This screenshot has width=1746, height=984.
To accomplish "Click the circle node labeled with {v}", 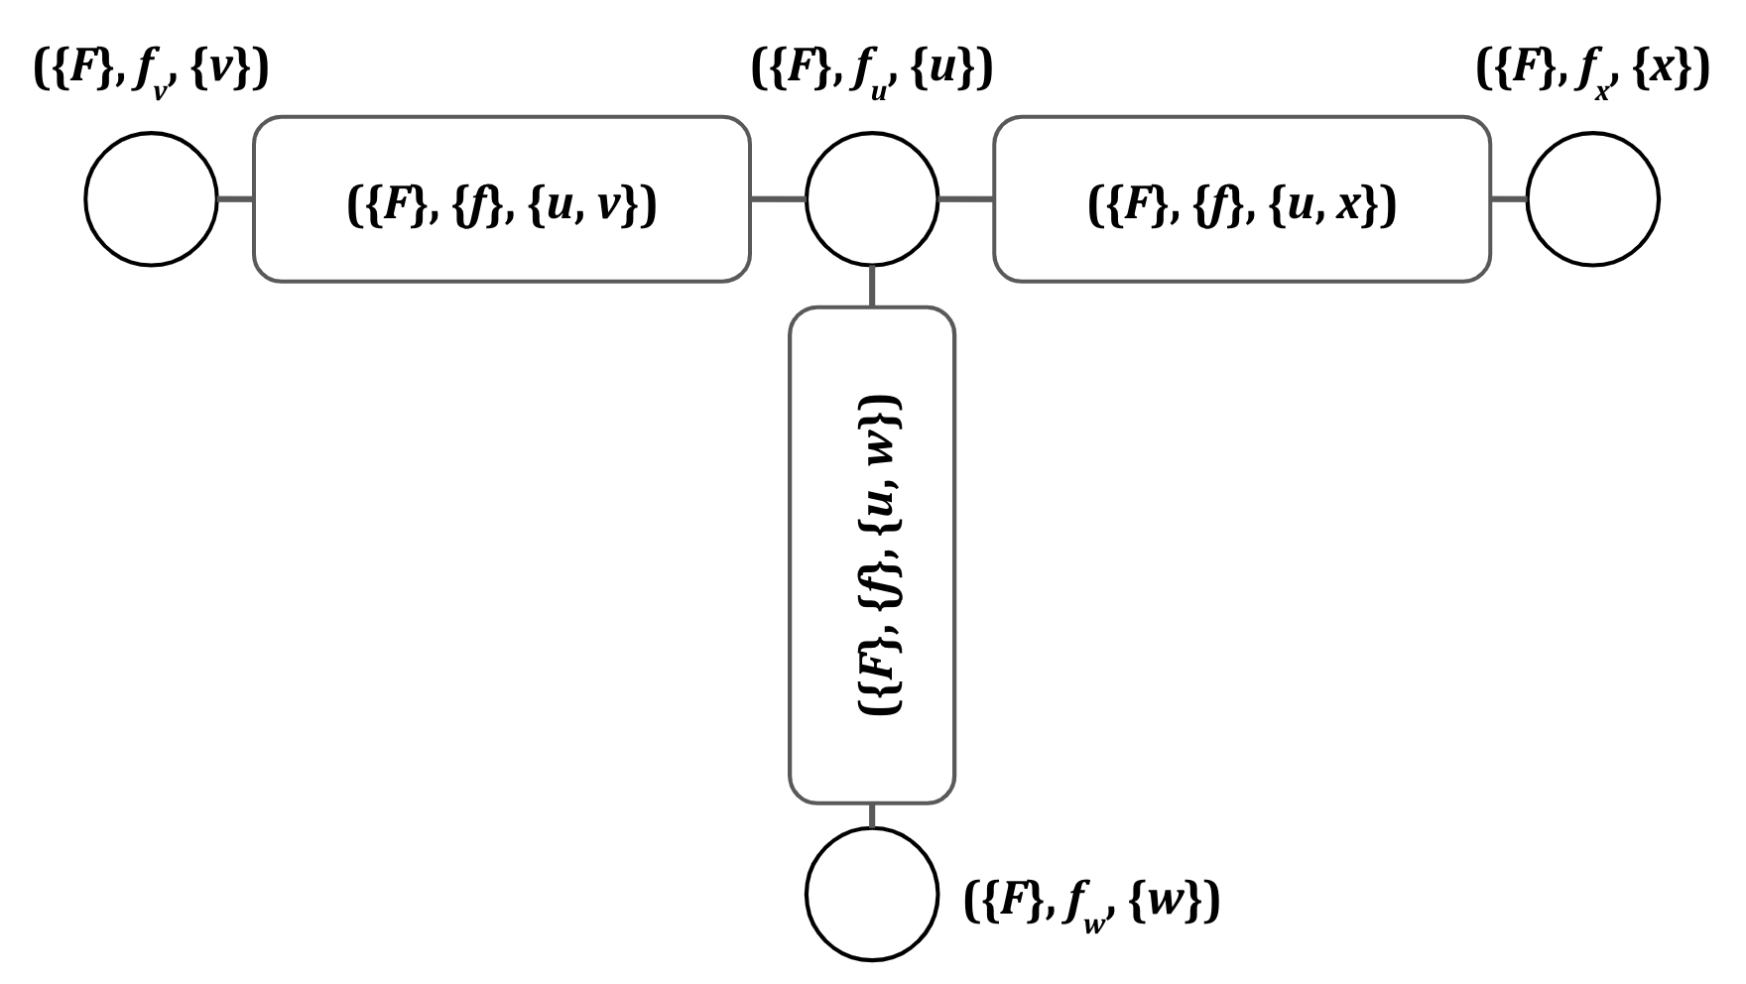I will click(x=151, y=199).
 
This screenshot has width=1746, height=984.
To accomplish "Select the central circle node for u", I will click(x=871, y=199).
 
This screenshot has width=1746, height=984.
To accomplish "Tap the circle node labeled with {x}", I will click(x=1592, y=199).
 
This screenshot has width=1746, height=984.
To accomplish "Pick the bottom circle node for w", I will click(x=871, y=894).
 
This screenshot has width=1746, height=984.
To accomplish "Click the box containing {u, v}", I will click(x=501, y=199).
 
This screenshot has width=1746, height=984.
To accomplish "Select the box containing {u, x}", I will click(x=1241, y=199).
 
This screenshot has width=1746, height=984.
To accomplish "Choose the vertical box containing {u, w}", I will click(x=871, y=554).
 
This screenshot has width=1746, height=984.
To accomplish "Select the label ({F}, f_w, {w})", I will click(x=1091, y=902).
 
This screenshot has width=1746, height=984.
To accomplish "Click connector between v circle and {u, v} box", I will click(x=235, y=199).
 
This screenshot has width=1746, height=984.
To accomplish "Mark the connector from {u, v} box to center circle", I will click(x=778, y=199).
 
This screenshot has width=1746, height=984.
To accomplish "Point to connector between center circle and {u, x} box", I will click(x=965, y=199).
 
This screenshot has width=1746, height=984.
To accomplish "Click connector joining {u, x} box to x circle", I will click(x=1509, y=199).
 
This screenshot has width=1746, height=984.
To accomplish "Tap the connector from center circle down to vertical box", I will click(x=871, y=286).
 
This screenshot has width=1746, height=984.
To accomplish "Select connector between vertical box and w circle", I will click(x=871, y=815).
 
